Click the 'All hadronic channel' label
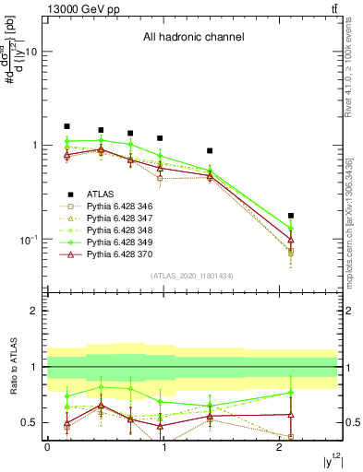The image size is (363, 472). [x=192, y=38]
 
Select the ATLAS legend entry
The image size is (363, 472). [x=100, y=194]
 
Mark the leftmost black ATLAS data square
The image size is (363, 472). [x=67, y=126]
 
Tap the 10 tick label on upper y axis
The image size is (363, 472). [x=30, y=52]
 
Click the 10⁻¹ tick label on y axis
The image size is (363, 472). [x=28, y=240]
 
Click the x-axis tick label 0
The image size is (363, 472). [x=47, y=447]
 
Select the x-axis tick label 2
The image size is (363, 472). [x=279, y=447]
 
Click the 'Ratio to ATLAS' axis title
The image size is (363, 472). [x=13, y=367]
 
